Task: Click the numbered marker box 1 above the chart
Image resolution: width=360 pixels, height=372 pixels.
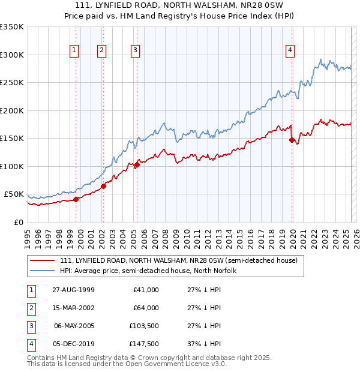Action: pos(74,50)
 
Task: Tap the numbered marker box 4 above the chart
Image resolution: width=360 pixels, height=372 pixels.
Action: pos(290,50)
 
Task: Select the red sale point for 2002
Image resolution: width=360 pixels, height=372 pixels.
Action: pos(103,186)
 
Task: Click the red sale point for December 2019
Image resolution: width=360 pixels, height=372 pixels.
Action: pos(292,140)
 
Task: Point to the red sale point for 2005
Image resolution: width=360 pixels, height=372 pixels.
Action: pos(137,164)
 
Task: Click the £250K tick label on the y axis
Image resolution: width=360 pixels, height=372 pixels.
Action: pos(12,83)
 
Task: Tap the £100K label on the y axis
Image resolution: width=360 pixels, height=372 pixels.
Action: pos(12,166)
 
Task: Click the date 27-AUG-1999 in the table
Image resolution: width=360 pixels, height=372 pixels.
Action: pos(73,290)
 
